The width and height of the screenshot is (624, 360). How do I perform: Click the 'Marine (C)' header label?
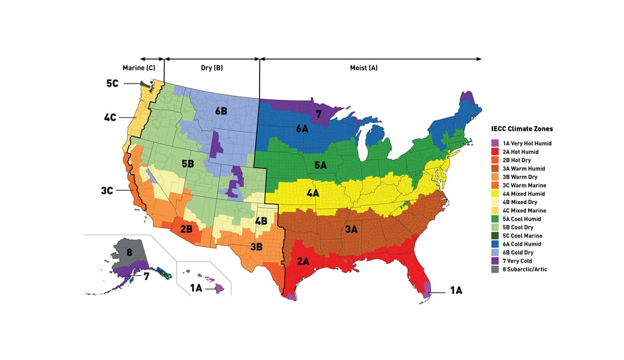[x=139, y=67]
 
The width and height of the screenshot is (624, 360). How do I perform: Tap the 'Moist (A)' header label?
[x=364, y=67]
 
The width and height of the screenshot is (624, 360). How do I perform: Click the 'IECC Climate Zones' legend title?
[x=522, y=129]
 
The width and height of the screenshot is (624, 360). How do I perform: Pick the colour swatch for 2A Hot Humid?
[x=495, y=152]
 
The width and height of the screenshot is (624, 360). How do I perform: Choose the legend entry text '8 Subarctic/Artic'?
[x=527, y=270]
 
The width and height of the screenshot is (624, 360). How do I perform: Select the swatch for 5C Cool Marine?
[x=495, y=236]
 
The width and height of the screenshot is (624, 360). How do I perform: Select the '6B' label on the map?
[x=222, y=110]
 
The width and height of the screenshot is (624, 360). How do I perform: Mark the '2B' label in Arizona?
[x=186, y=229]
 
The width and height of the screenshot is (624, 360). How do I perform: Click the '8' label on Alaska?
[x=129, y=252]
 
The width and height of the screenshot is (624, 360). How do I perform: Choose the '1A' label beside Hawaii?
[x=195, y=288]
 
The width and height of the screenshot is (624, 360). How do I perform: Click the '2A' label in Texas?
[x=303, y=261]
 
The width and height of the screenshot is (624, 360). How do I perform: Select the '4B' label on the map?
[x=261, y=221]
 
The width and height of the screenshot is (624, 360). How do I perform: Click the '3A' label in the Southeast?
[x=351, y=230]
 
